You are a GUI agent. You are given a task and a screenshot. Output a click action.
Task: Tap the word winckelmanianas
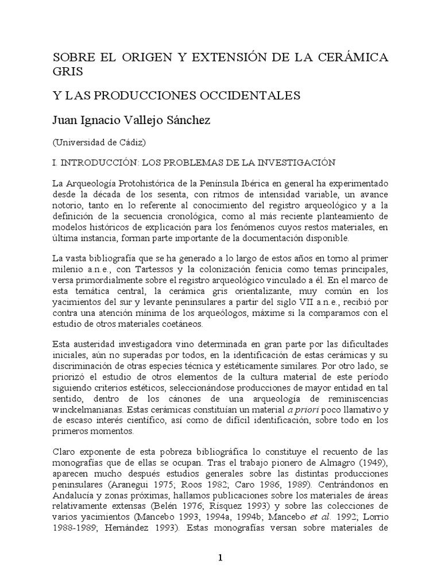point(86,411)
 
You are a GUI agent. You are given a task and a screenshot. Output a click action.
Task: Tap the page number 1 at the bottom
point(220,558)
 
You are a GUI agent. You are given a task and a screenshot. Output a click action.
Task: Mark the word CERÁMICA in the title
point(353,57)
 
